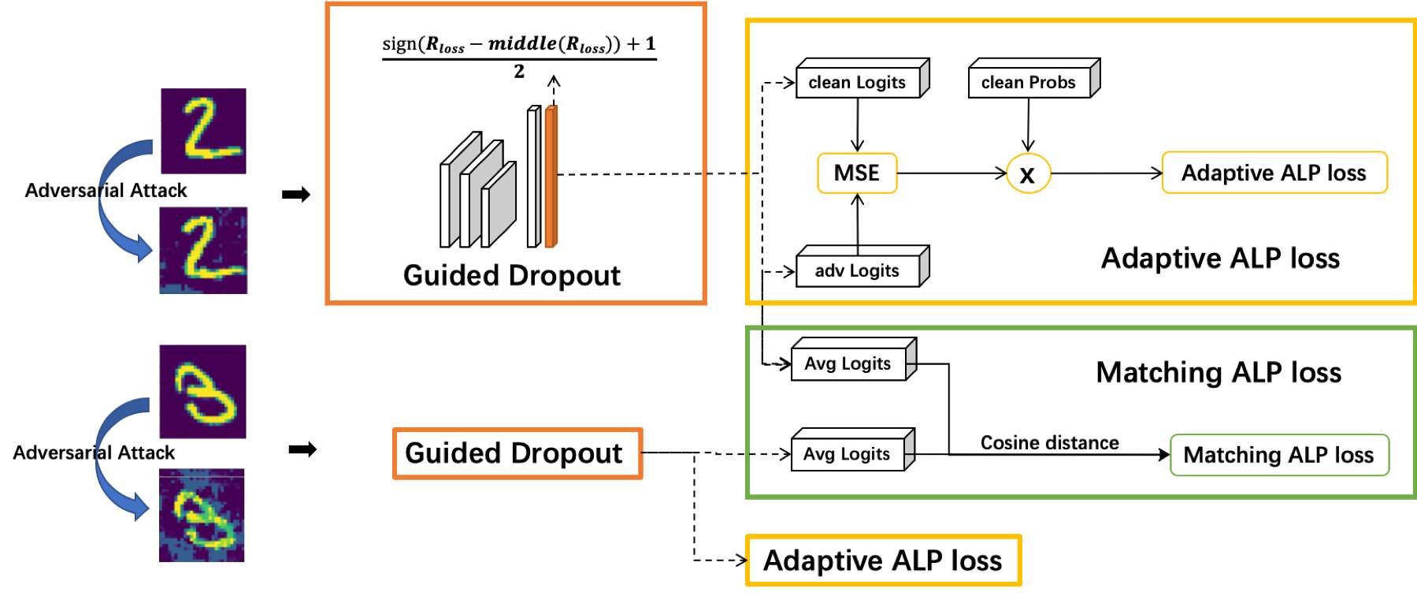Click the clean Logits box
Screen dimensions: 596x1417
pyautogui.click(x=858, y=82)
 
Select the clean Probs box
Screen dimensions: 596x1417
pyautogui.click(x=1029, y=82)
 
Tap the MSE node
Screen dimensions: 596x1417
pyautogui.click(x=857, y=173)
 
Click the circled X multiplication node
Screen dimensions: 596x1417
pyautogui.click(x=1028, y=173)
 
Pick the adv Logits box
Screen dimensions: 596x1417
pyautogui.click(x=858, y=270)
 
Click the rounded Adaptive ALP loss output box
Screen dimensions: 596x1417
pyautogui.click(x=1274, y=173)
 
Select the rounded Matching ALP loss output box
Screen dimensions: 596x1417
pyautogui.click(x=1278, y=455)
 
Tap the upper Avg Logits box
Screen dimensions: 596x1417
pyautogui.click(x=848, y=363)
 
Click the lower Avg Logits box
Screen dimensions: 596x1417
pyautogui.click(x=848, y=454)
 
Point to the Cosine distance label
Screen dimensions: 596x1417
pyautogui.click(x=1049, y=442)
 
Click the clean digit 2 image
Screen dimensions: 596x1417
pyautogui.click(x=203, y=131)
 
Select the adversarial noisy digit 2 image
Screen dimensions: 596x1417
pyautogui.click(x=203, y=251)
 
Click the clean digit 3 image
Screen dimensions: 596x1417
pyautogui.click(x=202, y=391)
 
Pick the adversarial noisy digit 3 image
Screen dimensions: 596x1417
pyautogui.click(x=202, y=516)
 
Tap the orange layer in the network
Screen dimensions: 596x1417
pyautogui.click(x=551, y=177)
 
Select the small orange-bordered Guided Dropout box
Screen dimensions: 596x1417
pyautogui.click(x=517, y=453)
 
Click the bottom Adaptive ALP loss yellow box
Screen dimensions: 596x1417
pyautogui.click(x=883, y=561)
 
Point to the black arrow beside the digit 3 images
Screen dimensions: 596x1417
pyautogui.click(x=302, y=449)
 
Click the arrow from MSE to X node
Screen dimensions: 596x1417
pyautogui.click(x=951, y=173)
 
